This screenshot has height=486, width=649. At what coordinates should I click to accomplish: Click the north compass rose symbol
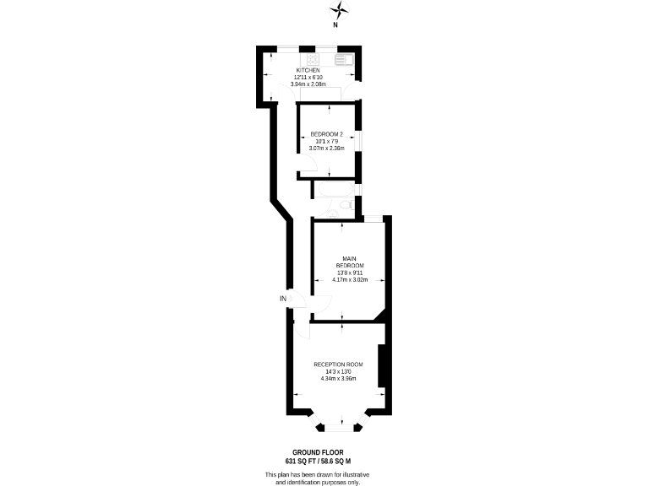339,11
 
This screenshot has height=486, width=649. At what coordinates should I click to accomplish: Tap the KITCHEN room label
308,70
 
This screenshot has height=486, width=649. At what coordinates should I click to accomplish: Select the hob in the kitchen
312,59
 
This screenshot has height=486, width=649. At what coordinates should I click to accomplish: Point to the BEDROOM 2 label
326,134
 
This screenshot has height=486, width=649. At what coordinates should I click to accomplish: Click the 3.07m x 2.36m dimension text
326,148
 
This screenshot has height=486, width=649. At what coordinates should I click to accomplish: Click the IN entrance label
283,299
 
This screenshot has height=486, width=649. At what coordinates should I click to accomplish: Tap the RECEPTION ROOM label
337,364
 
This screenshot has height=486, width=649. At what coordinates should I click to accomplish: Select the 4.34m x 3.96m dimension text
337,378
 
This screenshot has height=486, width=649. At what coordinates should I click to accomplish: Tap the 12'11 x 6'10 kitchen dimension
308,77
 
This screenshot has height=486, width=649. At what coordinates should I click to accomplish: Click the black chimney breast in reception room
383,364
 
